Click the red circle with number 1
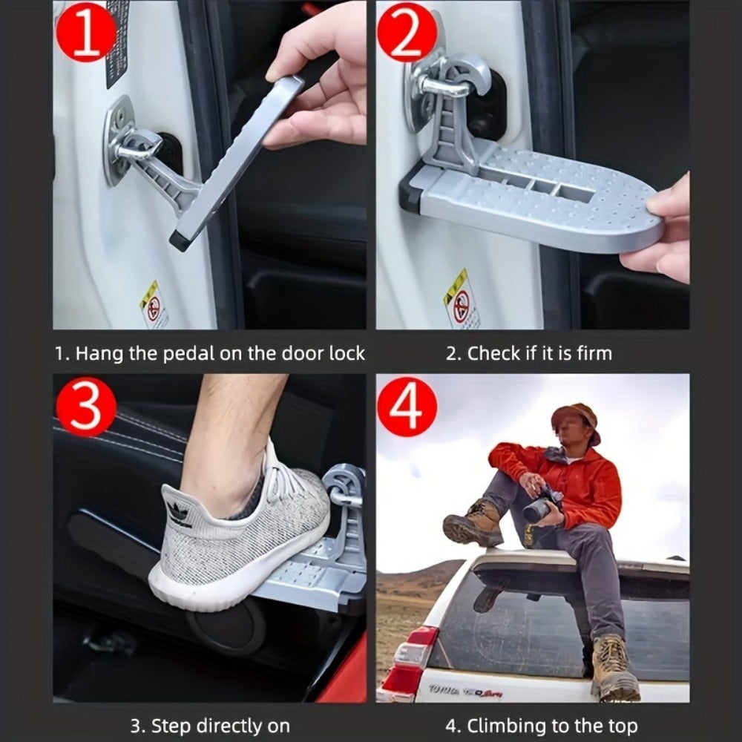pyautogui.click(x=87, y=31)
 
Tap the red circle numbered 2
pyautogui.click(x=407, y=31)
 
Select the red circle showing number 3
pyautogui.click(x=87, y=407)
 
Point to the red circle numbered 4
pyautogui.click(x=407, y=407)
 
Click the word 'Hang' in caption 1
pyautogui.click(x=99, y=353)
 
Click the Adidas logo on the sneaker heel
pyautogui.click(x=178, y=513)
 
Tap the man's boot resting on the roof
pyautogui.click(x=473, y=524)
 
